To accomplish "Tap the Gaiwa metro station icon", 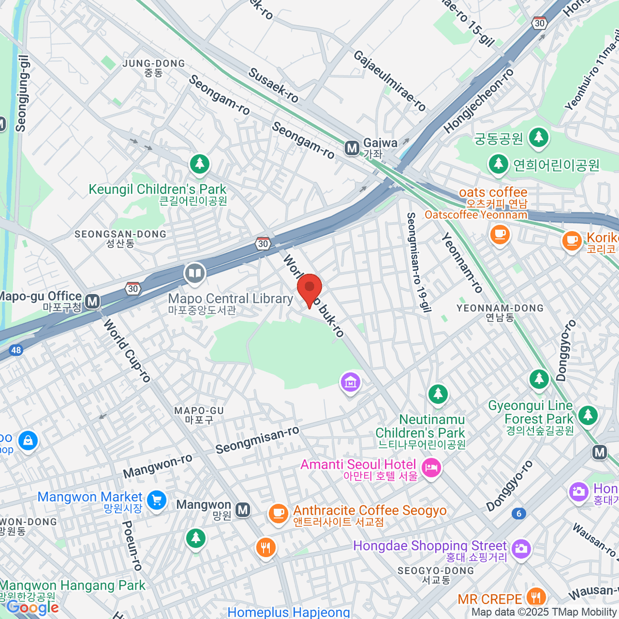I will click(x=352, y=149).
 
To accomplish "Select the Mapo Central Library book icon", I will click(x=194, y=273).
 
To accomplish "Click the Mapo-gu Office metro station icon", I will click(x=92, y=301).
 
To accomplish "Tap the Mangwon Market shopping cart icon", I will click(x=156, y=499).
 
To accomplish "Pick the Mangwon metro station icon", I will click(x=242, y=510).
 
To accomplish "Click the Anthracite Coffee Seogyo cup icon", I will click(x=278, y=513).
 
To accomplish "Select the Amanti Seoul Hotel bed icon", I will click(x=430, y=468).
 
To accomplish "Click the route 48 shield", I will click(x=16, y=350).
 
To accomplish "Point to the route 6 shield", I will click(x=519, y=513).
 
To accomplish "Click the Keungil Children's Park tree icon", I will click(x=200, y=164).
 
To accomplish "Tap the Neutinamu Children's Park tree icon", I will click(x=438, y=394).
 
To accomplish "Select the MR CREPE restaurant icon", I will click(x=536, y=597).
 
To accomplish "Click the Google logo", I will click(x=32, y=608).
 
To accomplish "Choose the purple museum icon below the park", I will click(x=350, y=382).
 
